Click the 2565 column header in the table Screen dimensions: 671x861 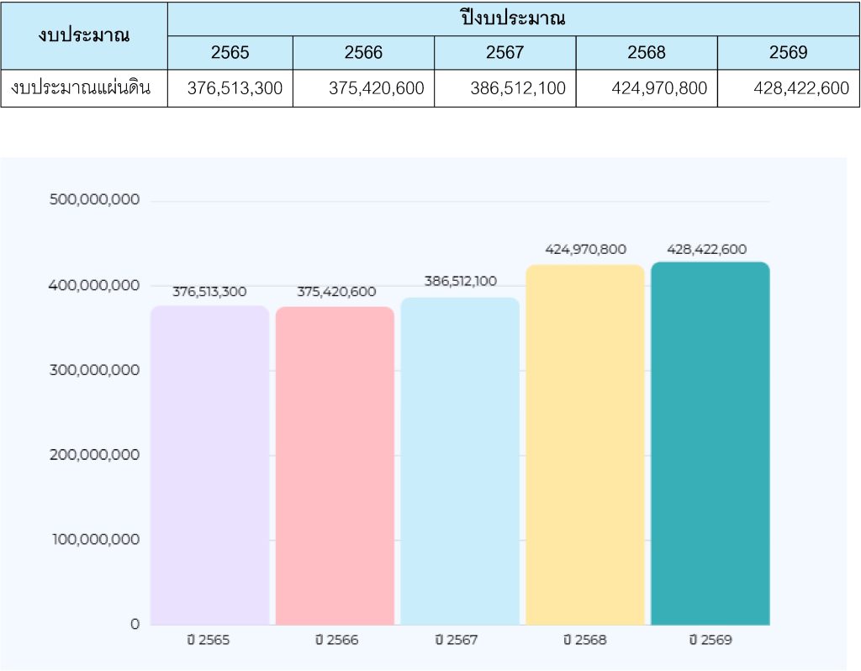230,53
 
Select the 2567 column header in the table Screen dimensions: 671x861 504,53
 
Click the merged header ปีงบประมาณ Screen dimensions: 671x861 513,18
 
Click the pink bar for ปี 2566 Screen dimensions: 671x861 335,466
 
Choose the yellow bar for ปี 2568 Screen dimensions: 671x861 585,445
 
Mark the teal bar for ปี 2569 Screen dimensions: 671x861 710,443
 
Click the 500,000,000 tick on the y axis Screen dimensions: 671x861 94,200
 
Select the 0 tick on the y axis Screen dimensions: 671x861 135,624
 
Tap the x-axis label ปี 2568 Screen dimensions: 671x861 584,640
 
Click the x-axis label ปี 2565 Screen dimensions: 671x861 209,640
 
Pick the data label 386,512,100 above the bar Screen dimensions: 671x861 460,282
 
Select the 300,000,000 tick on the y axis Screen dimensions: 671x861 94,370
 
